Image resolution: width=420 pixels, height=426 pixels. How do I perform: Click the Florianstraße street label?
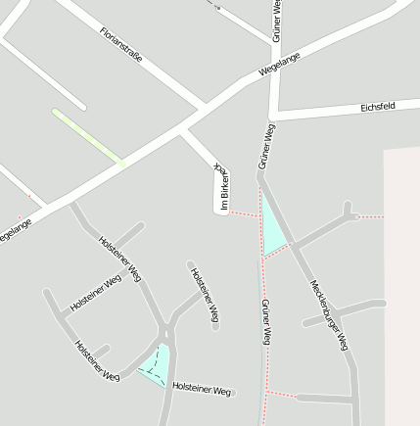click(x=121, y=45)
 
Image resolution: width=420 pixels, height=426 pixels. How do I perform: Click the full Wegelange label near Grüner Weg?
click(x=279, y=65)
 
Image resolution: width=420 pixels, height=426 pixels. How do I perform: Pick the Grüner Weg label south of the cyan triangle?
click(x=265, y=322)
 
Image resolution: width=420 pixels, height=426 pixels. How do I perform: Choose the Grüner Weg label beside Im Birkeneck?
click(x=265, y=147)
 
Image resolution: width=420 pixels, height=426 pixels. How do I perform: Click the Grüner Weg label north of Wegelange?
click(x=276, y=20)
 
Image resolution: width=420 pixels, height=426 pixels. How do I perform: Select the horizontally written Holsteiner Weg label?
click(x=202, y=390)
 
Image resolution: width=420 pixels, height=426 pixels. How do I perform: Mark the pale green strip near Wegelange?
click(x=88, y=136)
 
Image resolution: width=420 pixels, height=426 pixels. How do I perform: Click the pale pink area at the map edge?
click(x=401, y=284)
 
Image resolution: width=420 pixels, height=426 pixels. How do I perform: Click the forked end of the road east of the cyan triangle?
click(x=348, y=211)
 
